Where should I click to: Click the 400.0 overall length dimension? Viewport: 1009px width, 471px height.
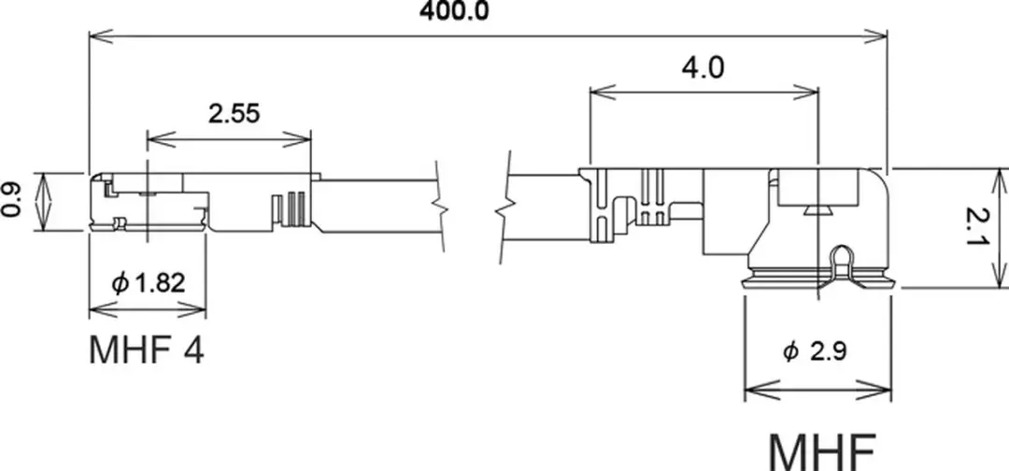coord(454,10)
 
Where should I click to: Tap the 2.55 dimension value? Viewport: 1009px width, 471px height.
coord(234,113)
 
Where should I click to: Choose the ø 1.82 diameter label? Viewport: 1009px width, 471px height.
coord(148,282)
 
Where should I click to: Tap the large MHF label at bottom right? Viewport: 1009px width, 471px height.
coord(822,452)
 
